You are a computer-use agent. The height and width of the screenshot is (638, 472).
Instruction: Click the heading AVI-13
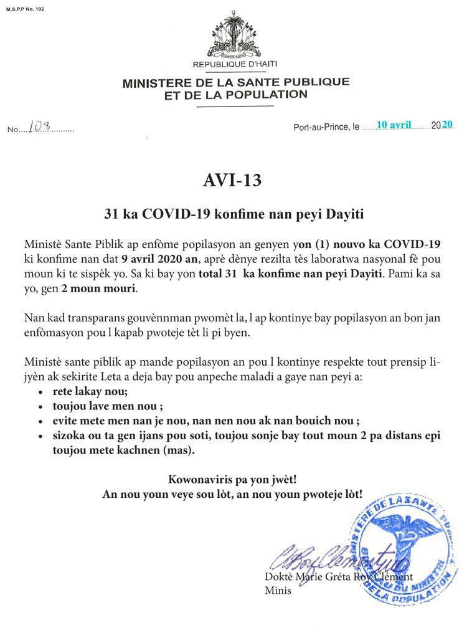(232, 180)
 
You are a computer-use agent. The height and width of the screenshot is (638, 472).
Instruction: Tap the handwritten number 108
(41, 126)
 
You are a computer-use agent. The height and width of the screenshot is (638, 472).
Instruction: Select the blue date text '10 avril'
(394, 125)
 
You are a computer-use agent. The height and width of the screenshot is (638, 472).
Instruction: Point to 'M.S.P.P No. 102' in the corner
(25, 10)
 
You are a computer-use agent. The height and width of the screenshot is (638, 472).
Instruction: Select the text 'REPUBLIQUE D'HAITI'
(235, 65)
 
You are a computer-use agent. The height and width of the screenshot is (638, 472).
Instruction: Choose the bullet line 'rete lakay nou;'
(90, 392)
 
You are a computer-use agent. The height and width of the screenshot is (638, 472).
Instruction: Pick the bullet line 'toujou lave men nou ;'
(108, 406)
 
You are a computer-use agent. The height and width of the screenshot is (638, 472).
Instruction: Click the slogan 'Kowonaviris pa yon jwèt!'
(232, 480)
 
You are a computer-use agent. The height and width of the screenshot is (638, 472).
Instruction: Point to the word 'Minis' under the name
(278, 590)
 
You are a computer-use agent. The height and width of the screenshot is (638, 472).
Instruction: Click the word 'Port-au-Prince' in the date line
(322, 127)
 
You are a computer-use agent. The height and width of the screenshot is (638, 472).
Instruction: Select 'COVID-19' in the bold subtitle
(176, 214)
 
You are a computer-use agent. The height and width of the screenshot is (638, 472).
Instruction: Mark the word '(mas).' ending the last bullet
(177, 449)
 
